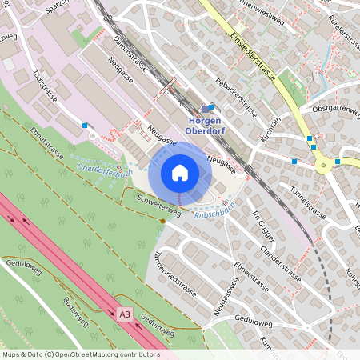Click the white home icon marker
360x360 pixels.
tap(179, 172)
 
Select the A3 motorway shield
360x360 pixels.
tap(124, 314)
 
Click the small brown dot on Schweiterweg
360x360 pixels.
tap(162, 221)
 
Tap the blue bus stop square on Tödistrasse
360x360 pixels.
tap(85, 125)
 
